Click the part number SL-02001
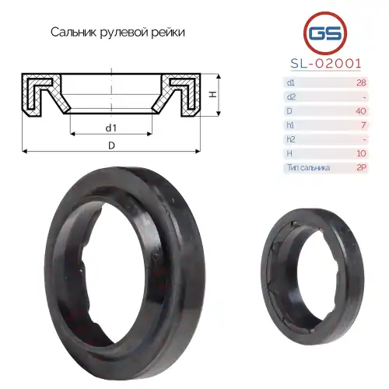click(x=326, y=63)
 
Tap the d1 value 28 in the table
click(x=361, y=82)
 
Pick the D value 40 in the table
click(x=361, y=111)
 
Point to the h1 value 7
click(x=363, y=125)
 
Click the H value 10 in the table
click(x=361, y=153)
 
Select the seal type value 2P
click(x=361, y=167)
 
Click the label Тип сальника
click(x=309, y=168)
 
